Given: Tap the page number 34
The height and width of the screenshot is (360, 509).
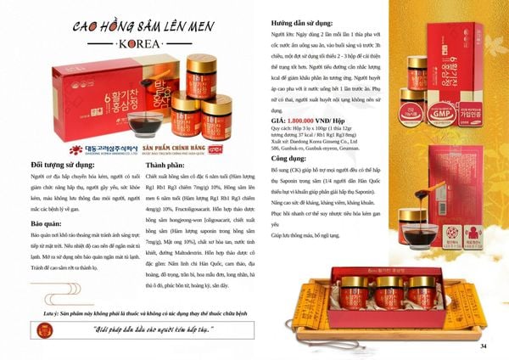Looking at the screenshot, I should (484, 346).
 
